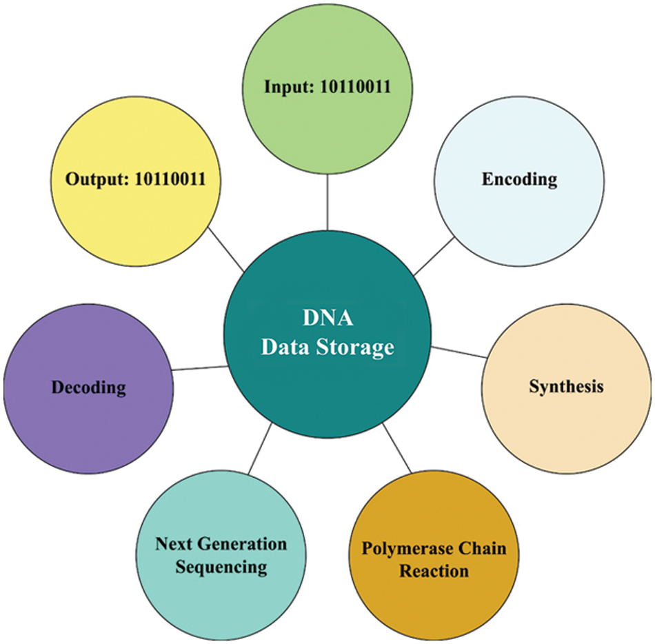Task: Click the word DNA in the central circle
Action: pyautogui.click(x=327, y=319)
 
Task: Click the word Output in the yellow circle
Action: pyautogui.click(x=94, y=179)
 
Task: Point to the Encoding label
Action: pyautogui.click(x=519, y=179)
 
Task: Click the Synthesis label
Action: pyautogui.click(x=566, y=386)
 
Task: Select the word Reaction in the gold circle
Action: pyautogui.click(x=434, y=572)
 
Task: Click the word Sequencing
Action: pyautogui.click(x=221, y=567)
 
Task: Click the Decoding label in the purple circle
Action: pyautogui.click(x=88, y=388)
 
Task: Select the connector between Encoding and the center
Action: pyautogui.click(x=434, y=256)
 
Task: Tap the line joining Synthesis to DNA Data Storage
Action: pyautogui.click(x=458, y=351)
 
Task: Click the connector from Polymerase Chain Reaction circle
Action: pyautogui.click(x=398, y=450)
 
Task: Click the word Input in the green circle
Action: pyautogui.click(x=288, y=88)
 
